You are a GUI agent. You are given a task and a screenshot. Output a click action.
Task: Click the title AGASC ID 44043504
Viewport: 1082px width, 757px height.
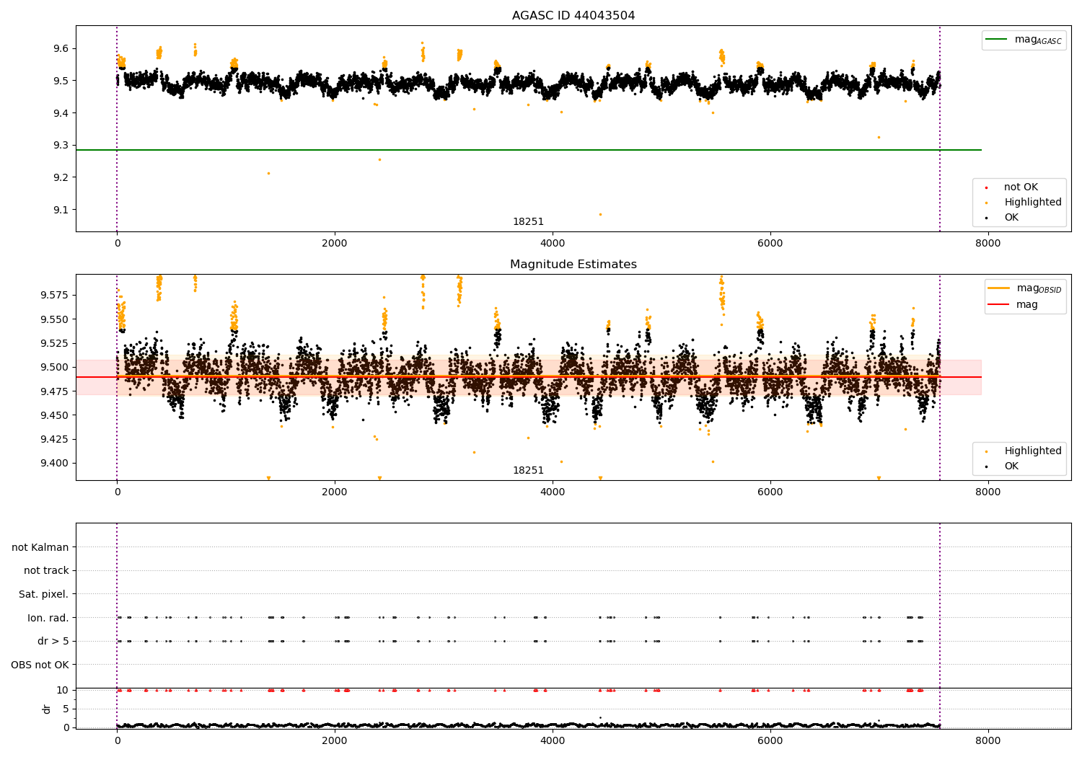tap(573, 16)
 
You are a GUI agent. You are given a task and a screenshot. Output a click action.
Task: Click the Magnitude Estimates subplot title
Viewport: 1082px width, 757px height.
tap(573, 265)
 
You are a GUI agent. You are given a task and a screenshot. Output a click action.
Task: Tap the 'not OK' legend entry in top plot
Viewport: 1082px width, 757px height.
tap(1020, 187)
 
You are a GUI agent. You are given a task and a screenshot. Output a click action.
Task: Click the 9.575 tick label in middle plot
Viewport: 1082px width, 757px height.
tap(52, 296)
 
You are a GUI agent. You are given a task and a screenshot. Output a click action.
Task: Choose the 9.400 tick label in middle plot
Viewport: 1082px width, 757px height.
tap(52, 464)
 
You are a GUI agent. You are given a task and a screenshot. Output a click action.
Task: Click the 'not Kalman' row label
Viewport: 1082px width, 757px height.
tap(40, 548)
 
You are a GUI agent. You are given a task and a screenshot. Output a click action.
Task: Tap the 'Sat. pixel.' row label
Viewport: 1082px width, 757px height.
tap(44, 595)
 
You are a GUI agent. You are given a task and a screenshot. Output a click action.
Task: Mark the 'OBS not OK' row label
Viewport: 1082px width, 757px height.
tap(40, 665)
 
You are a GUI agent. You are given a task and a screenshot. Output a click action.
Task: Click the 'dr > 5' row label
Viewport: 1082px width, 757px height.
tap(53, 642)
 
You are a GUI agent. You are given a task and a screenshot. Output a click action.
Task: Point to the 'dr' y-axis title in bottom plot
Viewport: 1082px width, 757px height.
tap(47, 709)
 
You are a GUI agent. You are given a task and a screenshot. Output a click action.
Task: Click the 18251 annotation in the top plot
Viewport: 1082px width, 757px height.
tap(528, 222)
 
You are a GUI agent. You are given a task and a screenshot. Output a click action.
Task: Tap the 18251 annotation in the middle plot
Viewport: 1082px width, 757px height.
tap(528, 471)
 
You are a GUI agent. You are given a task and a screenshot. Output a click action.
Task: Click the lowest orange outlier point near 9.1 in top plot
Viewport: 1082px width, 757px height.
tap(600, 214)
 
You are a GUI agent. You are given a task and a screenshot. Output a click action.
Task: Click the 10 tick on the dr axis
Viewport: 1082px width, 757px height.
tap(63, 690)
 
